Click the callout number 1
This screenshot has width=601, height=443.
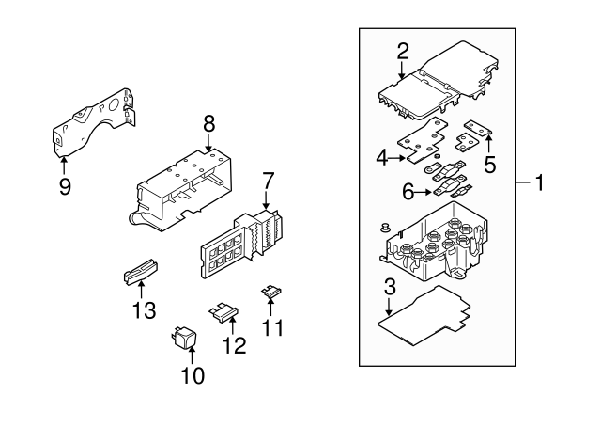pos(539,182)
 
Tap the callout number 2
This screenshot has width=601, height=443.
pos(402,51)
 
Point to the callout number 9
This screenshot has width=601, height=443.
pos(65,185)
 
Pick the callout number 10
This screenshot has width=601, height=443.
pos(192,376)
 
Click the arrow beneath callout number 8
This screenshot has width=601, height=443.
pos(208,143)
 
